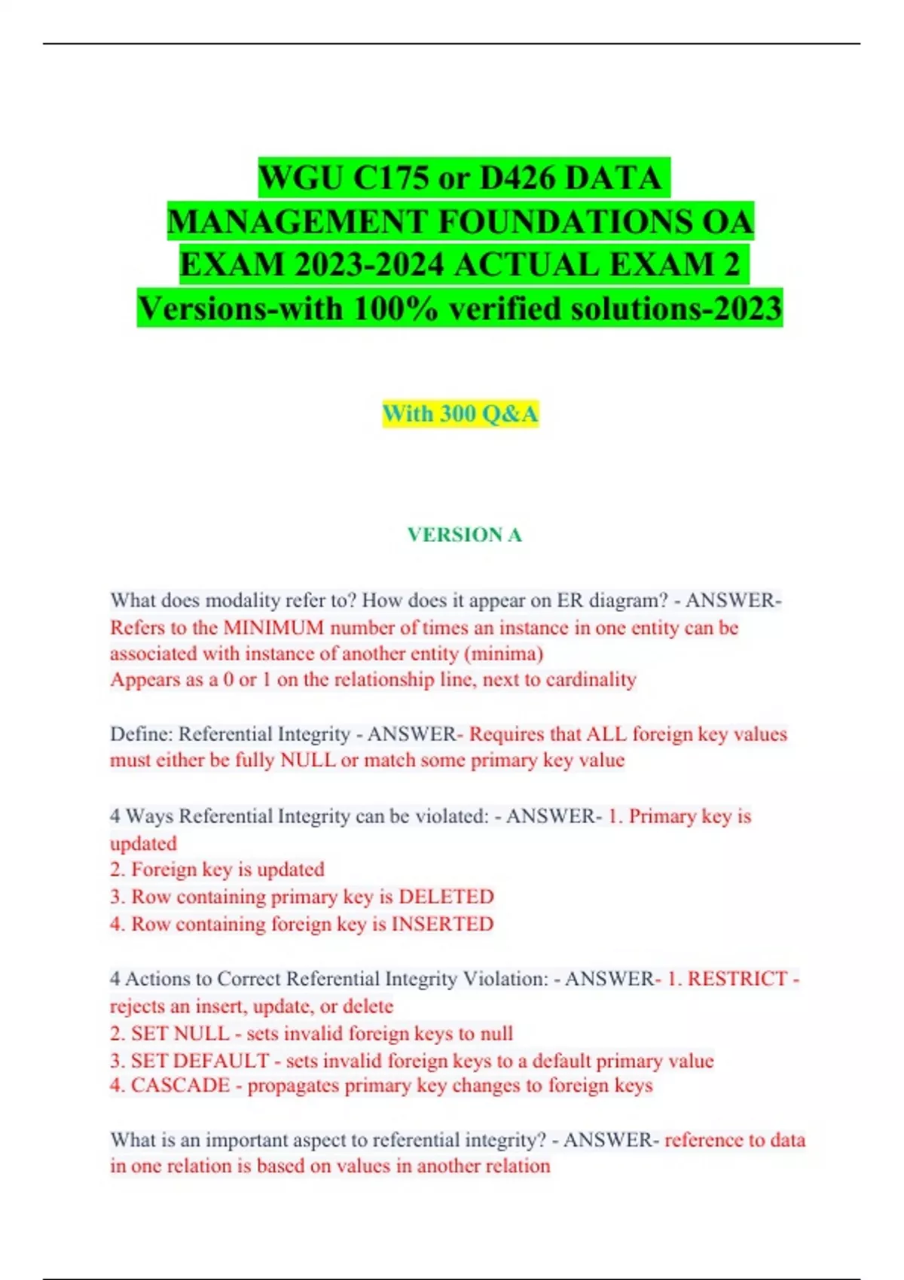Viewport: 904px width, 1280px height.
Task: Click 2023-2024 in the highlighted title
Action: [x=369, y=265]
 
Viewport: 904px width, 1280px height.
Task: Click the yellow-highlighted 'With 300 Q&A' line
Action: [x=460, y=413]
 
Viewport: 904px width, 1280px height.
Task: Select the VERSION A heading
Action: [x=464, y=535]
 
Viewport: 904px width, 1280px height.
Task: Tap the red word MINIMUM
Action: [x=273, y=627]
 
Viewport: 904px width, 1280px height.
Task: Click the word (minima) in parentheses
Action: [x=504, y=654]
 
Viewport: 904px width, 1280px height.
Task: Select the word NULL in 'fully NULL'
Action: [x=307, y=760]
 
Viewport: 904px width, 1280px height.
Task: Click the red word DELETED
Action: [x=446, y=897]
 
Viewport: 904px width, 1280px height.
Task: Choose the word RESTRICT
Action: [x=737, y=979]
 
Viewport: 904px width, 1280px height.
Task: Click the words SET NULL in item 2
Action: [x=179, y=1033]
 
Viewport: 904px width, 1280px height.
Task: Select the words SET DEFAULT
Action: [x=200, y=1060]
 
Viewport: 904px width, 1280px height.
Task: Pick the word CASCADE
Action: [x=180, y=1086]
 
